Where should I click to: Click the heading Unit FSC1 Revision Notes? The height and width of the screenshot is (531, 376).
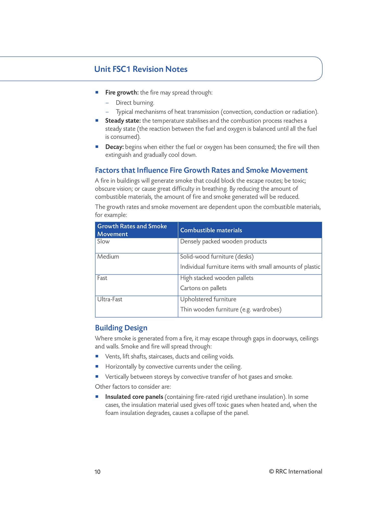141,69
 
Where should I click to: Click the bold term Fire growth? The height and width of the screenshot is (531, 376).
122,93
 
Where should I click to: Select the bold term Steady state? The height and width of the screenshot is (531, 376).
123,121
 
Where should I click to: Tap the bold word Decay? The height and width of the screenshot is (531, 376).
114,147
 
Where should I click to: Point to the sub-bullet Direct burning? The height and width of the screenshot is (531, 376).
135,103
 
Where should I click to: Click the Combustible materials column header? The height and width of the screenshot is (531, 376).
211,230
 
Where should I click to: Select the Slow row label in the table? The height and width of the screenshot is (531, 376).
103,241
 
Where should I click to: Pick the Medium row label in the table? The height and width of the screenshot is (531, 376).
108,256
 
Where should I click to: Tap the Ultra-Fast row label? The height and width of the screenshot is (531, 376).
110,299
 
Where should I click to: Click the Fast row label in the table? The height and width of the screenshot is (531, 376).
102,278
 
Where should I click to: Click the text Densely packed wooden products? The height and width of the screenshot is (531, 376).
223,241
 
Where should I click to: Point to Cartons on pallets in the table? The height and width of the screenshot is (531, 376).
203,288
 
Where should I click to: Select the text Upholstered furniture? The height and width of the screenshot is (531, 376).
208,299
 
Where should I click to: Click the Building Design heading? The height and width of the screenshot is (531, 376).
121,328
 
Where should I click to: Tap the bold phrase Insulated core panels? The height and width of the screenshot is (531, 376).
134,397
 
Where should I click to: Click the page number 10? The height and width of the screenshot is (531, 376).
97,472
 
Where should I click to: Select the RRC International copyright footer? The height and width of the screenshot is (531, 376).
295,471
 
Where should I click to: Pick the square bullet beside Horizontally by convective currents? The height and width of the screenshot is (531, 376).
97,366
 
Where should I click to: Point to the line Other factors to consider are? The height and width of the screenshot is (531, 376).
133,386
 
